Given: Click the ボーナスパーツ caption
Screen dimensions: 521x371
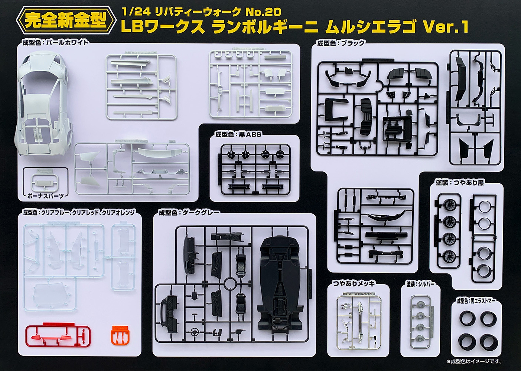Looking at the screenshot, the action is tap(46, 196).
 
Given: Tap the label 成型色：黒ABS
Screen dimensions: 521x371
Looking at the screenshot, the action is tap(238, 135).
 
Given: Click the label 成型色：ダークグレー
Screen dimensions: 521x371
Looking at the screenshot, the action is tap(189, 213).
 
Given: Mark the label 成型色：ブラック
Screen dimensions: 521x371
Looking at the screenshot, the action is tap(341, 43).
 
